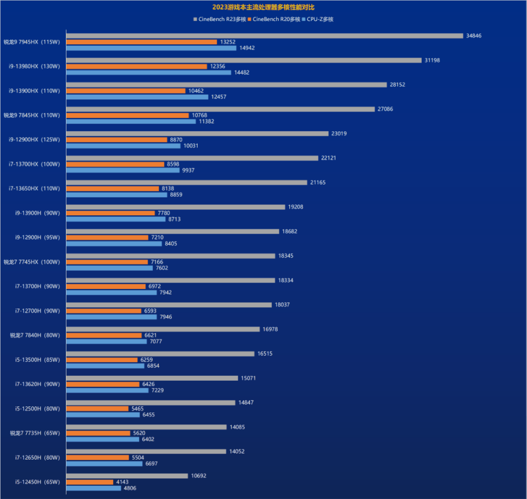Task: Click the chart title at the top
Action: pos(263,7)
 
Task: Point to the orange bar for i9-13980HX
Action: pos(136,66)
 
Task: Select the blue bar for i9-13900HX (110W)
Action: pos(137,97)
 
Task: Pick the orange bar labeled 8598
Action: pos(115,164)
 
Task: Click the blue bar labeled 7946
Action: pos(112,317)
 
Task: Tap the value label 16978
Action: pos(270,330)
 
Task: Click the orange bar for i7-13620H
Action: pos(103,384)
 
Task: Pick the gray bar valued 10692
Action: pos(127,476)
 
